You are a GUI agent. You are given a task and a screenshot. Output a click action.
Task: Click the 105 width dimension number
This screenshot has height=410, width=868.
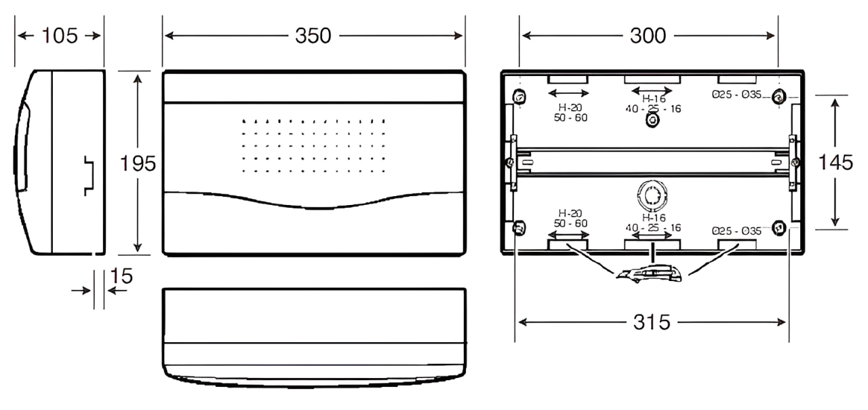(x=59, y=36)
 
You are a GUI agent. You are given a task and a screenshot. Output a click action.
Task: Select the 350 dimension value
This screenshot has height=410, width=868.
(x=313, y=36)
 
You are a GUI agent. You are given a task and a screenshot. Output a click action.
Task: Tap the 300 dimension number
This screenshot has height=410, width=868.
(x=648, y=36)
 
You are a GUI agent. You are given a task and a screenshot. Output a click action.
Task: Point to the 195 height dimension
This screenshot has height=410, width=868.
(x=138, y=164)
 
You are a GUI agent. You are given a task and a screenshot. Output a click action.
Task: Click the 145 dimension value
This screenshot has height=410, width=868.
(x=835, y=162)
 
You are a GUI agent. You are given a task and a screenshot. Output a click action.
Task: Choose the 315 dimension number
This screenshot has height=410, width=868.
(x=652, y=322)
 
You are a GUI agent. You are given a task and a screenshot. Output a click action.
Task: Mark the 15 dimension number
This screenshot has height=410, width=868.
(x=121, y=276)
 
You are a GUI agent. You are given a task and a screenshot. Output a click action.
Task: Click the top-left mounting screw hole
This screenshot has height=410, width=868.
(x=519, y=96)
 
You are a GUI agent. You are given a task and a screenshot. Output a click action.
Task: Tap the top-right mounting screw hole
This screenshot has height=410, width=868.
(x=778, y=96)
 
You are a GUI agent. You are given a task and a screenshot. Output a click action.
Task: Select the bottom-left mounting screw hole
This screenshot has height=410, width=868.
(x=519, y=227)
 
